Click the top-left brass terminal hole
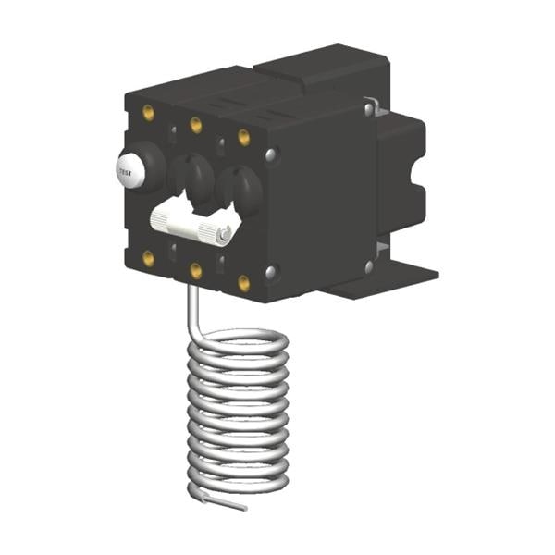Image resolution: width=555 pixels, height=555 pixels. click(148, 113)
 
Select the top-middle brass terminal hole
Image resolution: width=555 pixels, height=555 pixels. click(196, 125)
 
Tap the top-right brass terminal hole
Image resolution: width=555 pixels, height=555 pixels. click(244, 137)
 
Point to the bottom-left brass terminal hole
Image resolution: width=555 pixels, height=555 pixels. click(148, 258)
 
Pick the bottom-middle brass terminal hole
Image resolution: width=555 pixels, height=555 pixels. click(196, 271)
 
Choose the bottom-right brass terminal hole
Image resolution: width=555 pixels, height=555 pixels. click(244, 283)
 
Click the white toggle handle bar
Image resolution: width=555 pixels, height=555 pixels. click(191, 224)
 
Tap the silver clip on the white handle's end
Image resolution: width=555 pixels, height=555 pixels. click(225, 234)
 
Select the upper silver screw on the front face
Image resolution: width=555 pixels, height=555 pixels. click(271, 154)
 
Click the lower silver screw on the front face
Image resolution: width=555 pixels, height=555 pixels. click(271, 271)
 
